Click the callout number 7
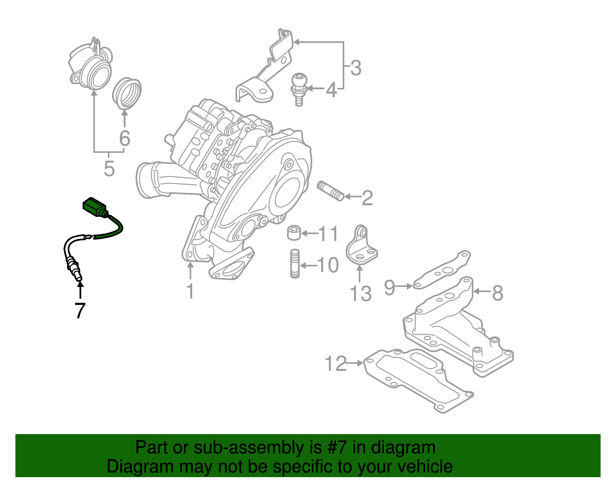point(80,310)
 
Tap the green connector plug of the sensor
point(94,207)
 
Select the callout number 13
point(360,294)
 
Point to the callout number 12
point(336,364)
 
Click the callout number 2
point(367,198)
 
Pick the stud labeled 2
point(331,191)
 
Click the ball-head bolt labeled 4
point(298,89)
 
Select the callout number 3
point(356,68)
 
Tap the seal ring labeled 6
point(127,94)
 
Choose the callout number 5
point(109,169)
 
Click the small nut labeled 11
point(294,232)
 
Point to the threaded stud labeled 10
point(295,263)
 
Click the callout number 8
point(498,293)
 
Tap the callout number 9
point(390,287)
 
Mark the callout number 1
point(190,292)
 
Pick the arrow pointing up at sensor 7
point(80,290)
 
